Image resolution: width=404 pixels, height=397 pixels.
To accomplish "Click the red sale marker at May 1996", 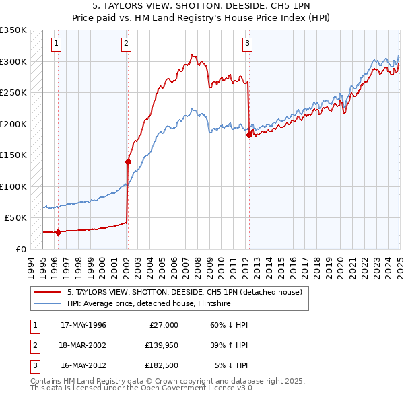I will tap(58, 232).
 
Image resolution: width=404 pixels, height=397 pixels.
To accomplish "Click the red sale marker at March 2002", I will tap(128, 161).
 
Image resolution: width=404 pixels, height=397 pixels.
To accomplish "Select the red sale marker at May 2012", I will tap(249, 135).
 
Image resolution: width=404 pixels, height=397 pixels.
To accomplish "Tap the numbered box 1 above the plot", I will tap(56, 44).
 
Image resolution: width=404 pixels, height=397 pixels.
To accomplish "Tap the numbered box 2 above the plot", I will tap(126, 44).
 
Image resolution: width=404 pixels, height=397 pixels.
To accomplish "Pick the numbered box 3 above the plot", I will tap(247, 44).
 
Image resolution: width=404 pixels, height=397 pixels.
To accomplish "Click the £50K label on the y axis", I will tap(15, 218).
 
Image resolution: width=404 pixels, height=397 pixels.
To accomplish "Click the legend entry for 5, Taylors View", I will tap(188, 292).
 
